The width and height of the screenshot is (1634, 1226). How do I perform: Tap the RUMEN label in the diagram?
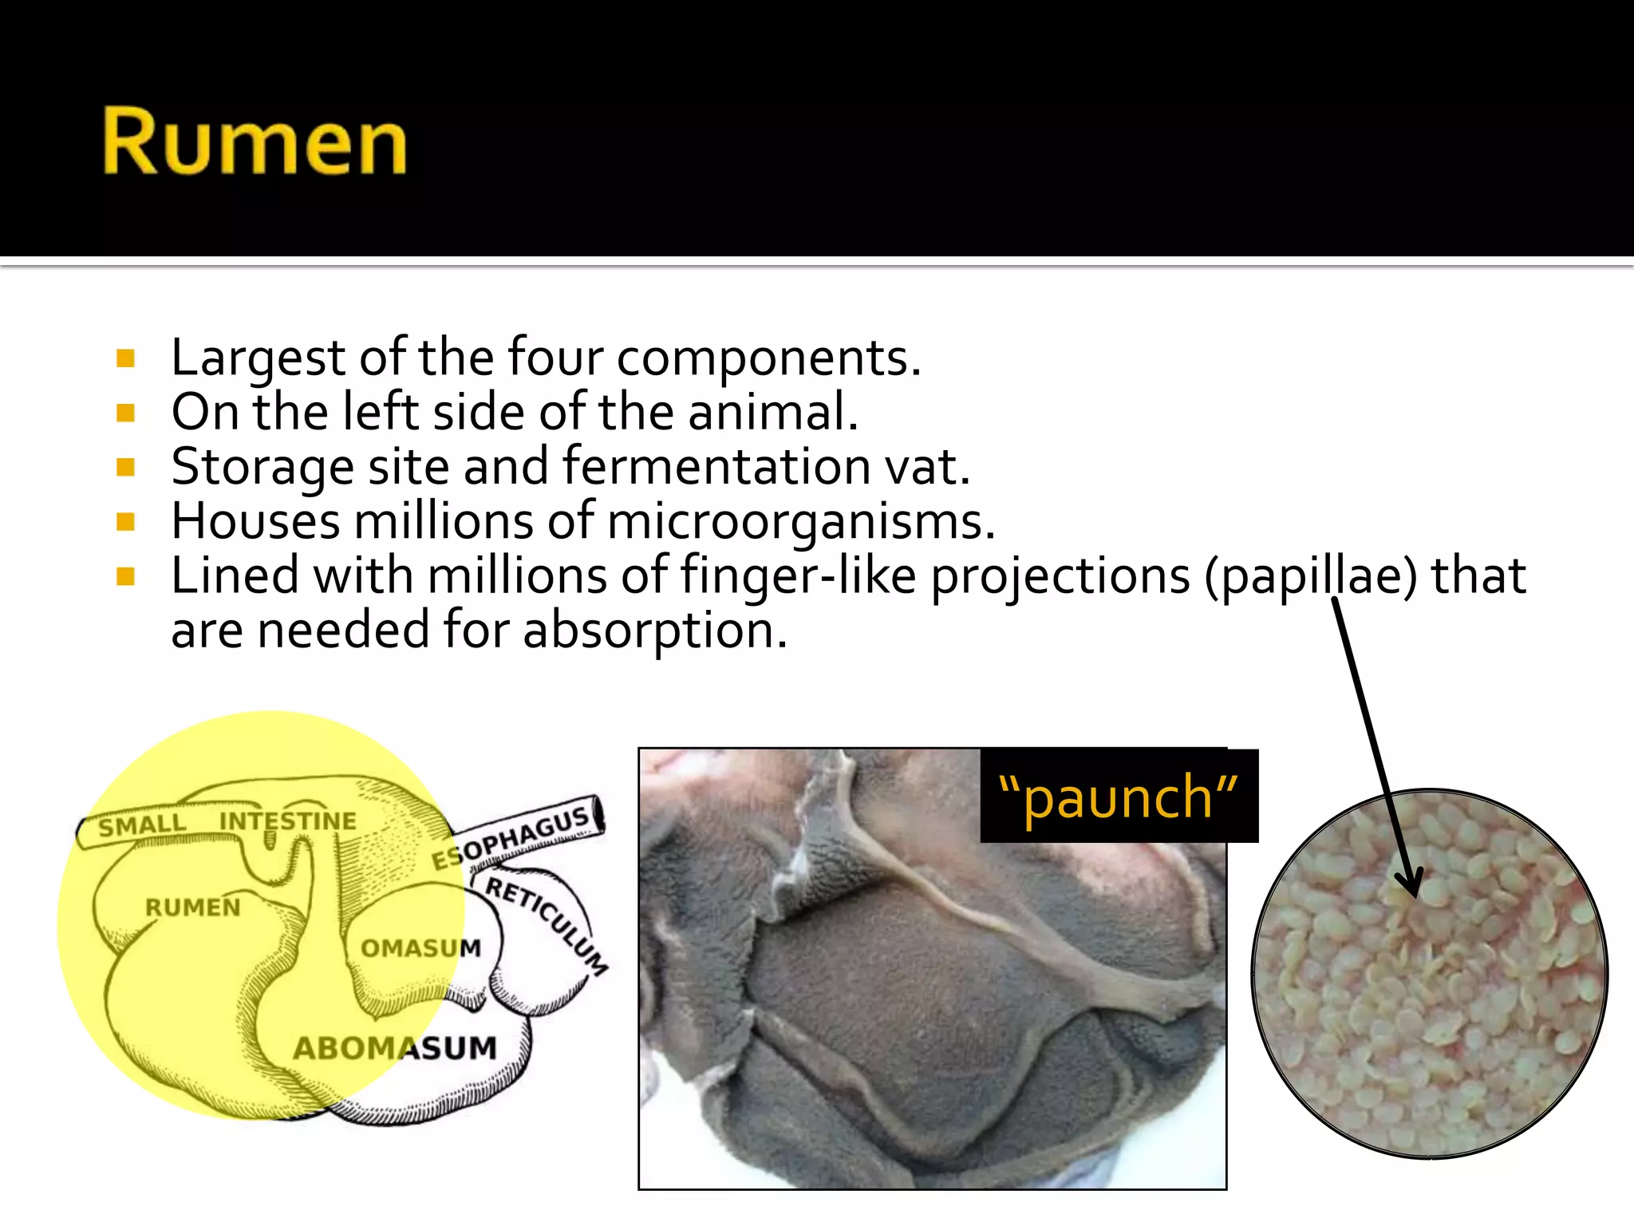point(192,908)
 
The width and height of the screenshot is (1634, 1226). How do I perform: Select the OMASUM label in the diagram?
point(420,948)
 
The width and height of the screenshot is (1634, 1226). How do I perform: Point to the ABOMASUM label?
point(395,1048)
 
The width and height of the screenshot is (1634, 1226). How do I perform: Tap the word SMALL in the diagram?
point(142,825)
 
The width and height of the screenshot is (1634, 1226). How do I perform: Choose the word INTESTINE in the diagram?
point(287,821)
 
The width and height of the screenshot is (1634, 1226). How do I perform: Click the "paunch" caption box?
point(1118,797)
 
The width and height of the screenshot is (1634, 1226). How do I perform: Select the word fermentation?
point(716,466)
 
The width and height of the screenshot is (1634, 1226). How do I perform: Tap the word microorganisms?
point(800,521)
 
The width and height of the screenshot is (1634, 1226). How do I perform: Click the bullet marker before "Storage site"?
point(125,467)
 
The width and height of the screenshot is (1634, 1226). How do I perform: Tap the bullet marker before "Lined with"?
point(125,576)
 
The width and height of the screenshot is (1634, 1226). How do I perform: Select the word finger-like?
point(798,576)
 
